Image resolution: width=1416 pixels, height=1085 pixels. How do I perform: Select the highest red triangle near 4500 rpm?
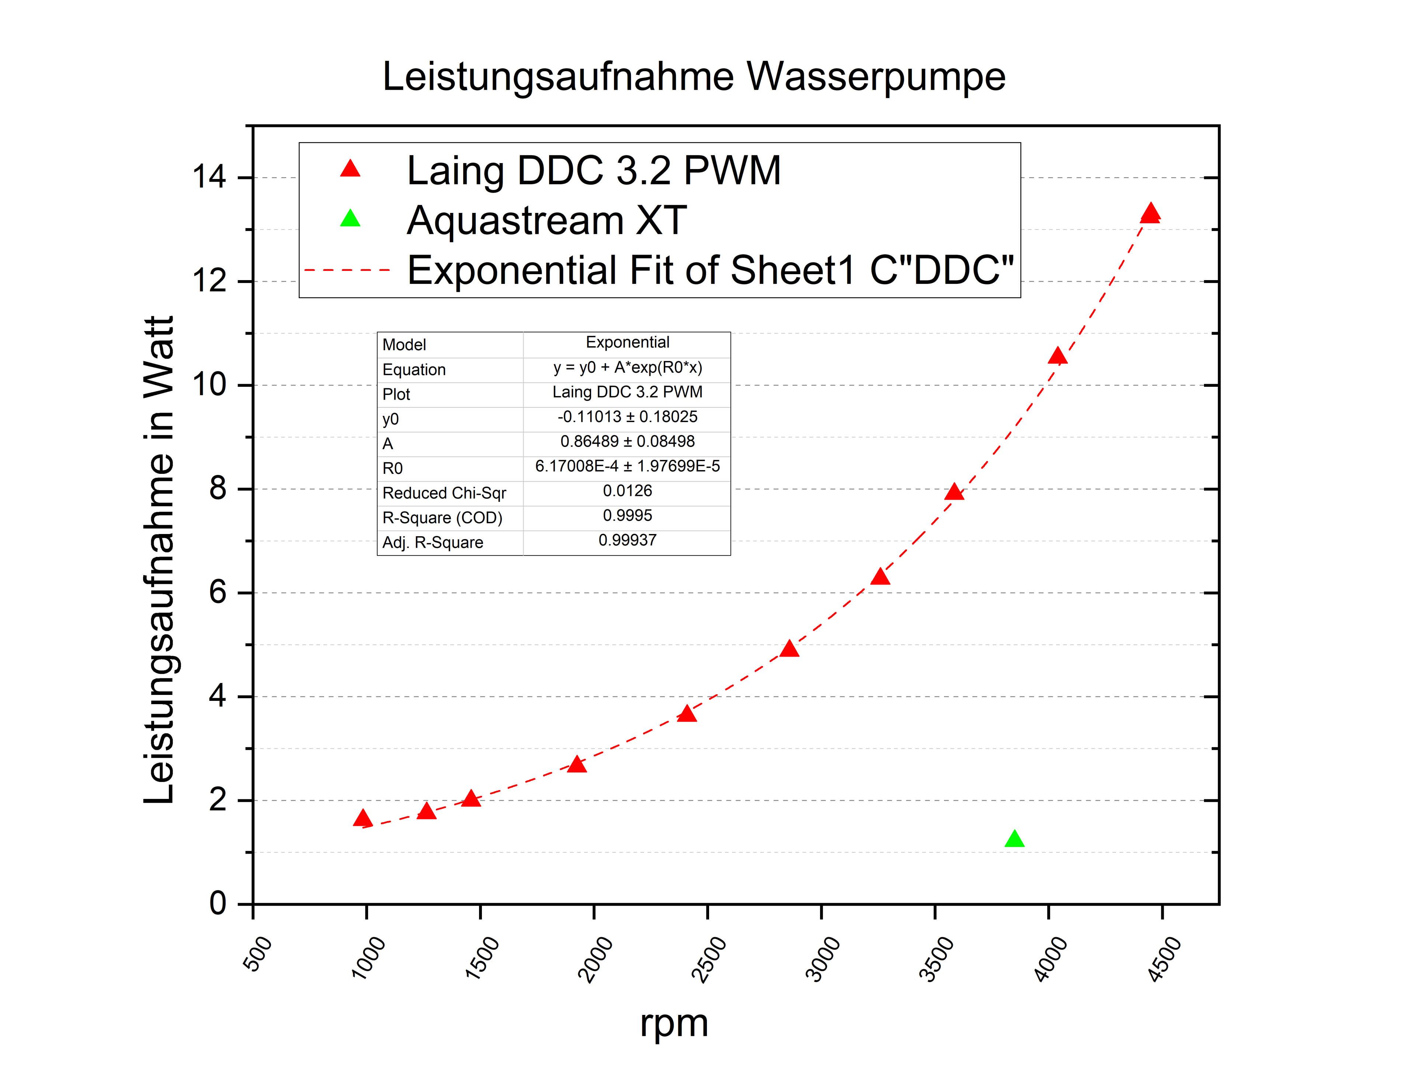1150,213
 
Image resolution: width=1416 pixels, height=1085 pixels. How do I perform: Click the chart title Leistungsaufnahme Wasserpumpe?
694,77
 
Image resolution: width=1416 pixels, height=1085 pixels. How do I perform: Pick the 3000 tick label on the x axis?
823,959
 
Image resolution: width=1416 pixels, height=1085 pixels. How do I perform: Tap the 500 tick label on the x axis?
257,954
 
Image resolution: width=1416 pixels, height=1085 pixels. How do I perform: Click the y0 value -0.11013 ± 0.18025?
627,417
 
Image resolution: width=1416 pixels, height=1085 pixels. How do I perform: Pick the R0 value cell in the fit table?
627,466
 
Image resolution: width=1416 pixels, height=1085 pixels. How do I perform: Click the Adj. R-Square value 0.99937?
627,541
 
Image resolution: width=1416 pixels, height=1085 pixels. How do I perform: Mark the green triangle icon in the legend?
350,219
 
